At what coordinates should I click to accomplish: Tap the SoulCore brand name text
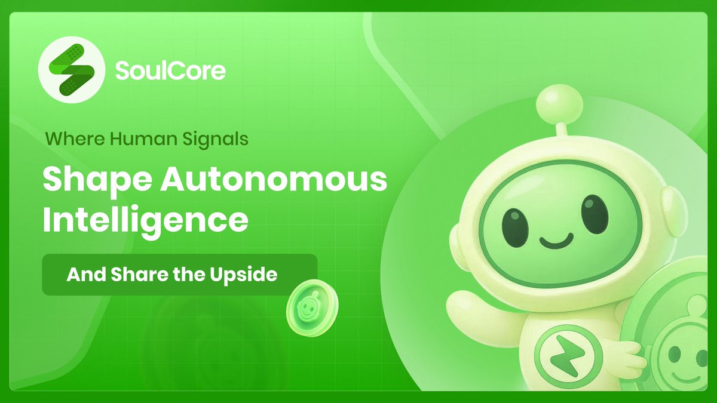point(170,71)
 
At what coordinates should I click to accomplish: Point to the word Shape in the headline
point(84,180)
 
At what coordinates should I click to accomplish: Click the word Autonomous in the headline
point(261,180)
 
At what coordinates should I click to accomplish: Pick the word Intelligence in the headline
point(145,221)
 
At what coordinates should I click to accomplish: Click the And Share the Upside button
point(179,275)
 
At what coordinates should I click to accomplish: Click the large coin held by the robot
point(681,340)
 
